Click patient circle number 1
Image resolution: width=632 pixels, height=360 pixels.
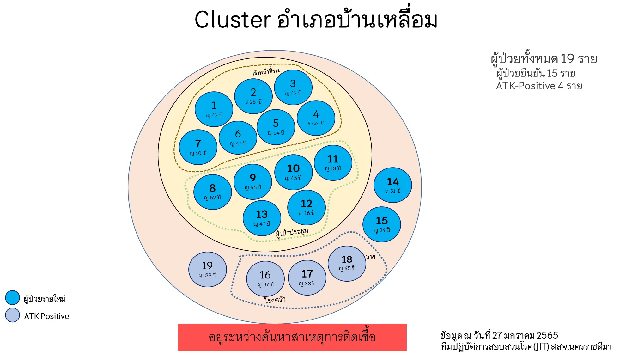tap(214, 109)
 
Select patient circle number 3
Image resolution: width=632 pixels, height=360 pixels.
tap(293, 87)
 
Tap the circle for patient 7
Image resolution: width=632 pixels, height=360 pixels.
tap(198, 147)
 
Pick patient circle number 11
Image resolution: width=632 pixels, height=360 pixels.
tap(333, 163)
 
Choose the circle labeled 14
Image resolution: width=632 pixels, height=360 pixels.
tap(392, 185)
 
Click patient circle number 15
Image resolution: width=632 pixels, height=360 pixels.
tap(381, 224)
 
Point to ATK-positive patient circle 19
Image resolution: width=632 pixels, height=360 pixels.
tap(207, 269)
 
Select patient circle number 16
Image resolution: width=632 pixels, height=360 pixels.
tap(265, 278)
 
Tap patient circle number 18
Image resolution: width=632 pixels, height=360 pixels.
tap(347, 263)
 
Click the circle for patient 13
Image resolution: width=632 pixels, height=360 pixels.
tap(262, 218)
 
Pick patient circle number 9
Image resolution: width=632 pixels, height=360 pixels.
tap(252, 182)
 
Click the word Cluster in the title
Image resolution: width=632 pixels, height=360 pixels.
tap(233, 20)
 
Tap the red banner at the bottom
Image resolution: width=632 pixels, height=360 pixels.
tap(292, 337)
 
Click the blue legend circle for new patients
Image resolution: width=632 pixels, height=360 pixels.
tap(13, 298)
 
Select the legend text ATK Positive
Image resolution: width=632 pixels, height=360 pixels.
tap(46, 316)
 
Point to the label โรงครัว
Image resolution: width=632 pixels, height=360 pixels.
tap(274, 299)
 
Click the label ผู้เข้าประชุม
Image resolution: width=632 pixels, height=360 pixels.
tap(291, 232)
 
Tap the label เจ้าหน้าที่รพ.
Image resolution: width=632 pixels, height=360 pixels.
tap(266, 71)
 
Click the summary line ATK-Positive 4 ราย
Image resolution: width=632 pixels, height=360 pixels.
tap(539, 86)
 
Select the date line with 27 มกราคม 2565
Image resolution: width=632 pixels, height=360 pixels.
tap(499, 335)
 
